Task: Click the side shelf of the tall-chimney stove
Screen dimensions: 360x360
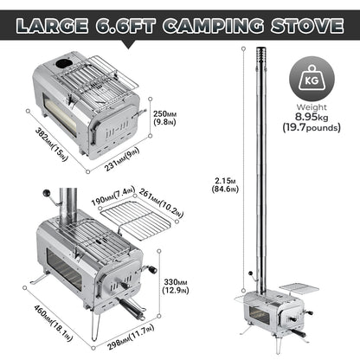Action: [x=294, y=286]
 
